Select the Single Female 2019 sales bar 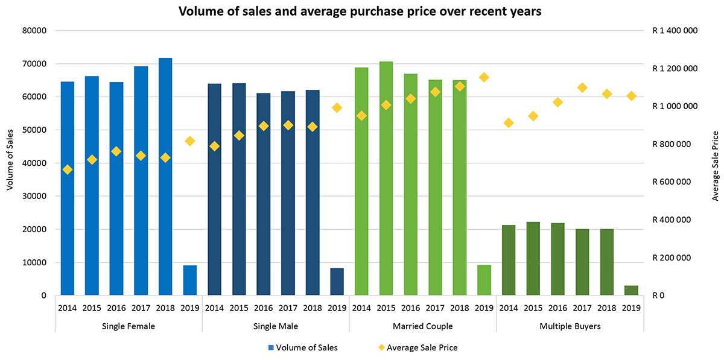pyautogui.click(x=190, y=280)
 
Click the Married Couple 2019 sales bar pyautogui.click(x=484, y=280)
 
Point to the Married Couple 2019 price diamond pyautogui.click(x=484, y=77)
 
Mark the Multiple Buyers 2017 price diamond pyautogui.click(x=582, y=87)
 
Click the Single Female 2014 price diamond pyautogui.click(x=68, y=169)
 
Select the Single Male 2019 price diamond pyautogui.click(x=337, y=107)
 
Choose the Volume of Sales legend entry pyautogui.click(x=302, y=347)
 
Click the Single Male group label pyautogui.click(x=276, y=326)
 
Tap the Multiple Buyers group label pyautogui.click(x=570, y=326)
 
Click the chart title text pyautogui.click(x=360, y=11)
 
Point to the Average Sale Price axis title pyautogui.click(x=715, y=165)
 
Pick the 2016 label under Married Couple pyautogui.click(x=410, y=308)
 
